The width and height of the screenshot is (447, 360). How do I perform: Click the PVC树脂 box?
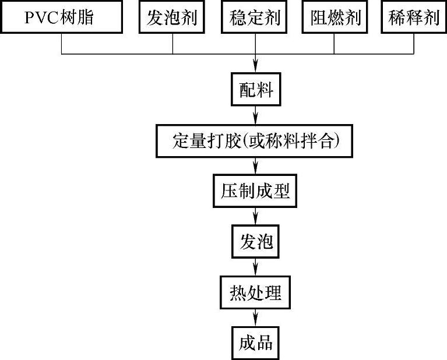point(63,18)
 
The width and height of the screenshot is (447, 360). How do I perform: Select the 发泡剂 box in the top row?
point(173,18)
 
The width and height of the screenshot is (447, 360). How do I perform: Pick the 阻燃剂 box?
point(333,18)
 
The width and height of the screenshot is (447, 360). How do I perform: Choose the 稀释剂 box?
point(415,18)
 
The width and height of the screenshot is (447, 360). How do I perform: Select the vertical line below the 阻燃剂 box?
point(333,44)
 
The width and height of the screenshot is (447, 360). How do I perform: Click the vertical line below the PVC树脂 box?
point(62,44)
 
